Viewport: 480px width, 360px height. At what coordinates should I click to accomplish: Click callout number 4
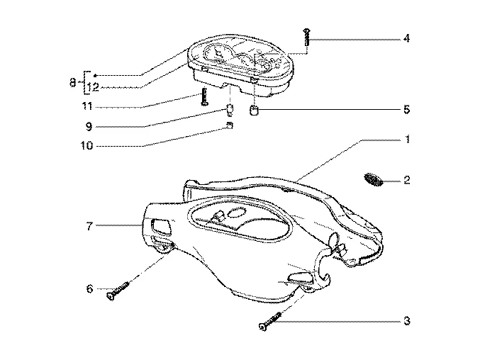point(406,38)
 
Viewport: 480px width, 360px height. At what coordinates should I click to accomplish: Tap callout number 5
point(406,110)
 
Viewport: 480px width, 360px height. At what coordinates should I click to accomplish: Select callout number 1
point(407,140)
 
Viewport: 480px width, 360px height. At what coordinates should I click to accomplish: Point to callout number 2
point(406,180)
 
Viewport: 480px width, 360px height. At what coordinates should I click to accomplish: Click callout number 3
point(406,321)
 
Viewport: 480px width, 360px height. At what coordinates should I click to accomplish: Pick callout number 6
point(89,288)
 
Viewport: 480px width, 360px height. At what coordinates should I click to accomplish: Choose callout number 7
point(89,226)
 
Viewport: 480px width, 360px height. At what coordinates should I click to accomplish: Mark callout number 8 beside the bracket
point(73,82)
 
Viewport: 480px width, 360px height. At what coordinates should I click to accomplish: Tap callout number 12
point(92,87)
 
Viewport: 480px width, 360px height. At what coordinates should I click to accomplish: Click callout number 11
point(87,106)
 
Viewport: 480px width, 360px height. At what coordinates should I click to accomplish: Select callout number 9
point(89,126)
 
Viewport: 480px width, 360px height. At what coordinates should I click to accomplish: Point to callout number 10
point(87,145)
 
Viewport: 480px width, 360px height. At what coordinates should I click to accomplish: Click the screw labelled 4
point(306,37)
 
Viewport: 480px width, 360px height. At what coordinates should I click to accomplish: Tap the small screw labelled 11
point(204,96)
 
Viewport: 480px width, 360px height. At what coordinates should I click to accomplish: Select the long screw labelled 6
point(118,291)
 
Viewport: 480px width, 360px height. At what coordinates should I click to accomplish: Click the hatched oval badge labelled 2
point(374,179)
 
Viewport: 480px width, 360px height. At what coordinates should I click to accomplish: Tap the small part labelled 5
point(254,110)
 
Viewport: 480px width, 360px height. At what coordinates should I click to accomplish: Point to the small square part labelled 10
point(230,125)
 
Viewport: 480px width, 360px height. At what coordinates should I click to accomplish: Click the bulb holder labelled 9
point(230,110)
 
